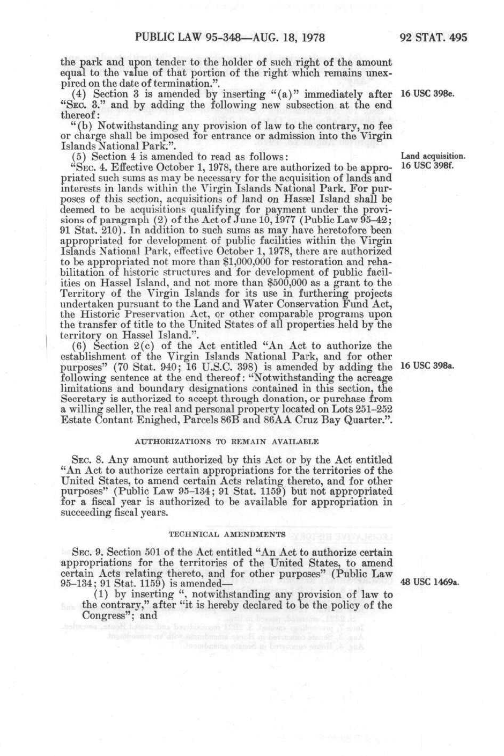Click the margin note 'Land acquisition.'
click(433, 157)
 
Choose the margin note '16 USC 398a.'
click(427, 366)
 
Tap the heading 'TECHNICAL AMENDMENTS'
click(227, 534)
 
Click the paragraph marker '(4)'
click(79, 94)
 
